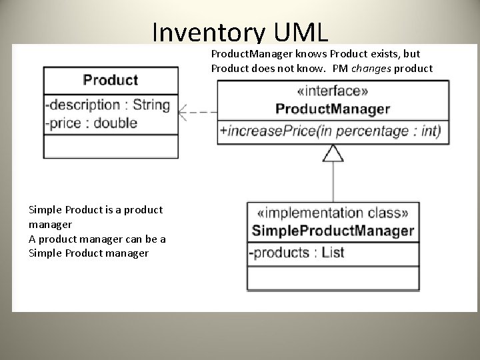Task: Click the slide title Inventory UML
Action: [240, 32]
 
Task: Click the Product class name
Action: [111, 80]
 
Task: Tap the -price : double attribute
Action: [91, 123]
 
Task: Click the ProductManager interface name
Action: [333, 109]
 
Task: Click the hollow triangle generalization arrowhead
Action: [333, 154]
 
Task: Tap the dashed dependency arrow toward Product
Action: [198, 113]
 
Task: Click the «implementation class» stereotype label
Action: [333, 214]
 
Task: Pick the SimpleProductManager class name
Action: [333, 231]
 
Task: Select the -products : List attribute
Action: [297, 253]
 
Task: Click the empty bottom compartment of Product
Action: [111, 146]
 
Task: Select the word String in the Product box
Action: [151, 105]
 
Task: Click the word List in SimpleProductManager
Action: [333, 253]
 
